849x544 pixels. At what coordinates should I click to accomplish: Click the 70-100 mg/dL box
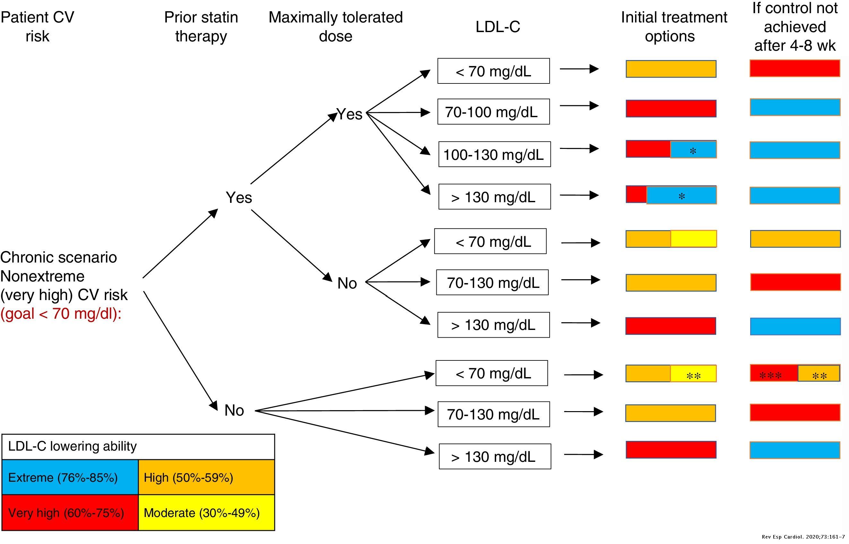(493, 112)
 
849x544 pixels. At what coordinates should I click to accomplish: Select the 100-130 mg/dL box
(494, 154)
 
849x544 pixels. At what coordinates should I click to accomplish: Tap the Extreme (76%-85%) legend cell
(70, 477)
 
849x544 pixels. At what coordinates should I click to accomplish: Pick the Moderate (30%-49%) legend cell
(206, 513)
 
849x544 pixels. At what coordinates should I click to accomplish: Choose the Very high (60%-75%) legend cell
(70, 513)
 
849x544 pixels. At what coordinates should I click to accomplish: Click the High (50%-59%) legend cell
(206, 477)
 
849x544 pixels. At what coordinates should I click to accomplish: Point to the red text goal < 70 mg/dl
(61, 313)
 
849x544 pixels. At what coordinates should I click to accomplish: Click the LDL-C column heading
(498, 27)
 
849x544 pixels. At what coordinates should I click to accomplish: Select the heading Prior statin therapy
(201, 27)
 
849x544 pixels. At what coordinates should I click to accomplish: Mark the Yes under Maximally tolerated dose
(349, 114)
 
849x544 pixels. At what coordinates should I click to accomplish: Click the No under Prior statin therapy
(234, 410)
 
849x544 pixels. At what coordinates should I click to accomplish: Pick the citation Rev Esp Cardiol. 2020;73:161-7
(803, 537)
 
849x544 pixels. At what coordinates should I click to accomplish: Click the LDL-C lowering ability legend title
(73, 446)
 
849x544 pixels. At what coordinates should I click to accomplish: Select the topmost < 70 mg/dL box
(493, 71)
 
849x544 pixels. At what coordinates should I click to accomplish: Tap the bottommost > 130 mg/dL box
(495, 456)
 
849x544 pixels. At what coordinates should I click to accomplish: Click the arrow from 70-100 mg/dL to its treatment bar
(579, 105)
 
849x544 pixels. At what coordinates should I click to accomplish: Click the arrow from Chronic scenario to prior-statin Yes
(180, 243)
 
